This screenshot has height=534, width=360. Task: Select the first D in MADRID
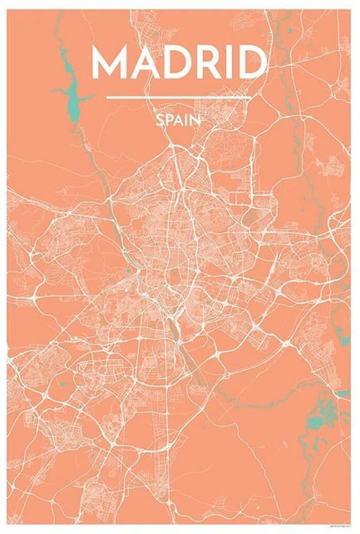[x=178, y=63]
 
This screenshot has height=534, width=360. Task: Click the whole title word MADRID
[x=179, y=63]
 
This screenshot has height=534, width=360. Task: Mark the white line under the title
[x=179, y=97]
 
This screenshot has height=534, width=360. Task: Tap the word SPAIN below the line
[x=178, y=121]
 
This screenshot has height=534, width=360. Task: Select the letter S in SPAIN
[x=159, y=121]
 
